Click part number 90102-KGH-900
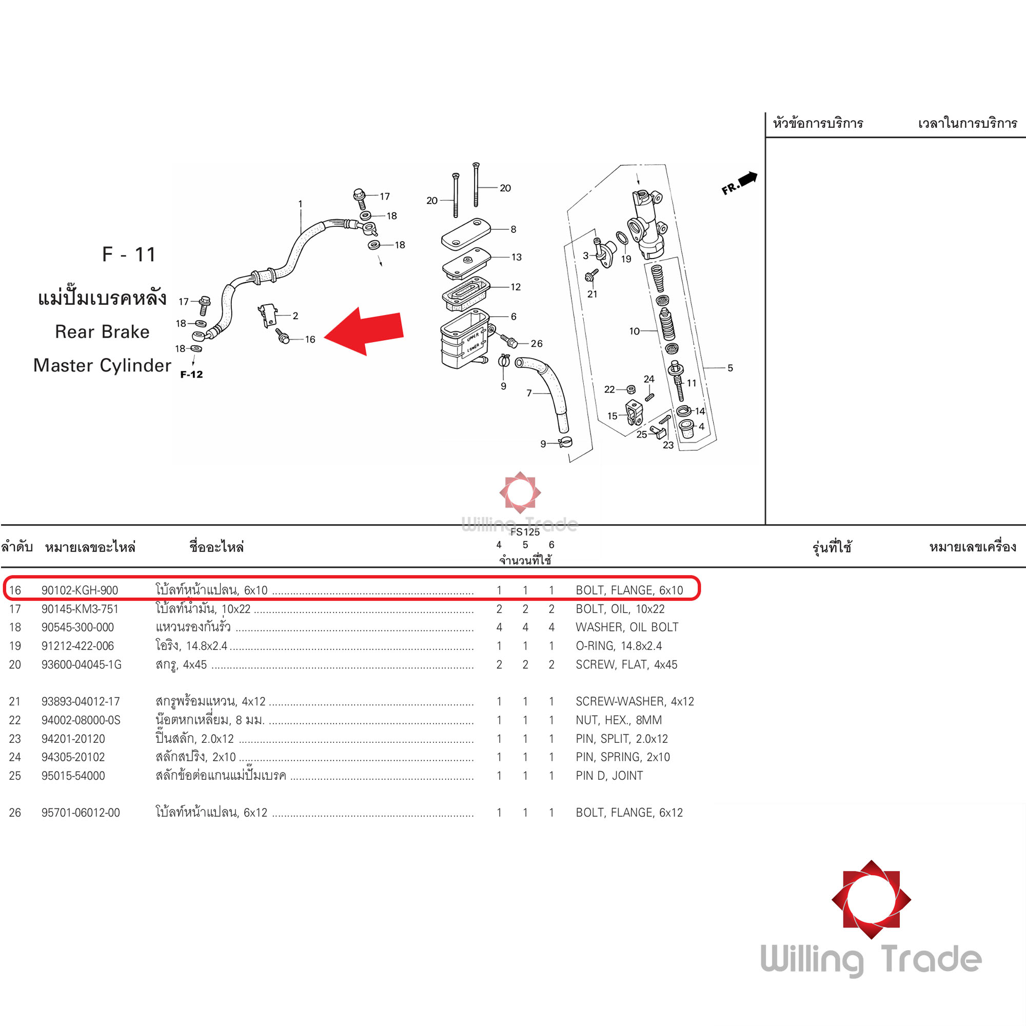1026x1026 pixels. coord(80,590)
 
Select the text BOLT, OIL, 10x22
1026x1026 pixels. coord(620,608)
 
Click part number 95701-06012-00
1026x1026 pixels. coord(81,813)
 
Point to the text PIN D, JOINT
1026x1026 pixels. coord(609,775)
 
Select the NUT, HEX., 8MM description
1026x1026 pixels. coord(619,720)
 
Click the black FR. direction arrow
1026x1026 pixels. coord(748,179)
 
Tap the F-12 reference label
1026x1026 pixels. coord(191,374)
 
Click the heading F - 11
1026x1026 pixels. coord(129,254)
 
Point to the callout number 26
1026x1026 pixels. coord(537,344)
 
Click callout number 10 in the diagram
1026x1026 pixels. coord(634,331)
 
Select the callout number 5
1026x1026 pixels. coord(729,367)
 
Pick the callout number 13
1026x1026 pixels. coord(516,257)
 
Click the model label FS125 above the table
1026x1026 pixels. coord(525,532)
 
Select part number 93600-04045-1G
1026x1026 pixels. coord(81,664)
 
